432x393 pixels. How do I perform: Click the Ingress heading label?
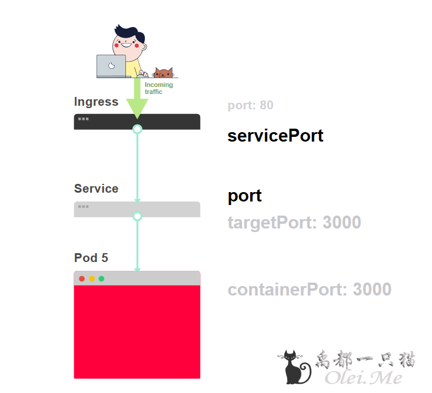pyautogui.click(x=96, y=102)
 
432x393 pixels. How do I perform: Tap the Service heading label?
pyautogui.click(x=96, y=189)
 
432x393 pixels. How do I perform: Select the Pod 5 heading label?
pyautogui.click(x=91, y=258)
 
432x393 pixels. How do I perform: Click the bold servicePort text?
pyautogui.click(x=275, y=136)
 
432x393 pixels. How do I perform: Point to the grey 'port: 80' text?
pyautogui.click(x=250, y=106)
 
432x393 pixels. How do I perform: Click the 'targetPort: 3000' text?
pyautogui.click(x=294, y=223)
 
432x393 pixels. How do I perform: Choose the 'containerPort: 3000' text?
pyautogui.click(x=310, y=290)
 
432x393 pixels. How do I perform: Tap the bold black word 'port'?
pyautogui.click(x=245, y=196)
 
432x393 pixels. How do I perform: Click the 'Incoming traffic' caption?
pyautogui.click(x=158, y=88)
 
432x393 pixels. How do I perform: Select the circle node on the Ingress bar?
pyautogui.click(x=137, y=129)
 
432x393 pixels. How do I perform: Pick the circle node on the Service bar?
pyautogui.click(x=137, y=216)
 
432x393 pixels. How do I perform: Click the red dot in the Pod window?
pyautogui.click(x=82, y=278)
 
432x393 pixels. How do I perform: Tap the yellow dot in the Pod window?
pyautogui.click(x=92, y=278)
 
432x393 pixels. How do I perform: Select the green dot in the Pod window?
pyautogui.click(x=101, y=278)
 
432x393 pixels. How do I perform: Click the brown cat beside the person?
pyautogui.click(x=163, y=73)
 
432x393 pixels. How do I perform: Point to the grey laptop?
pyautogui.click(x=111, y=66)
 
